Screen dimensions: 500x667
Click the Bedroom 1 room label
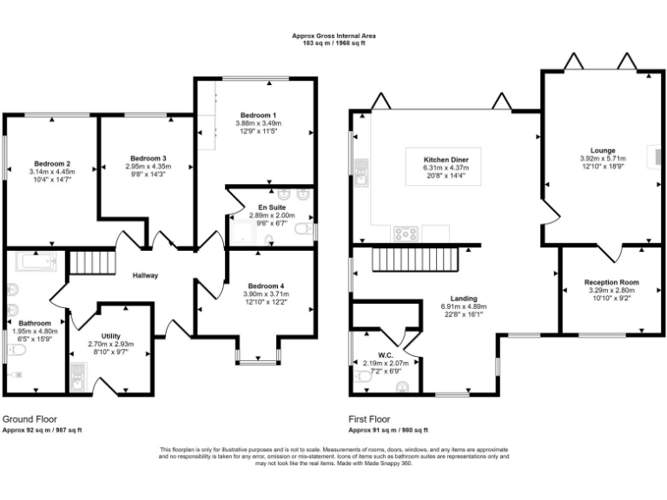coord(258,115)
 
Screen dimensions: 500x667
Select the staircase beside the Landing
coord(415,258)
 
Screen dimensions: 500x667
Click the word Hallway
coord(144,276)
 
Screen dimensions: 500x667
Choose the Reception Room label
coord(611,282)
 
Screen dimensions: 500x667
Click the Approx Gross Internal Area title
coord(333,36)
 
